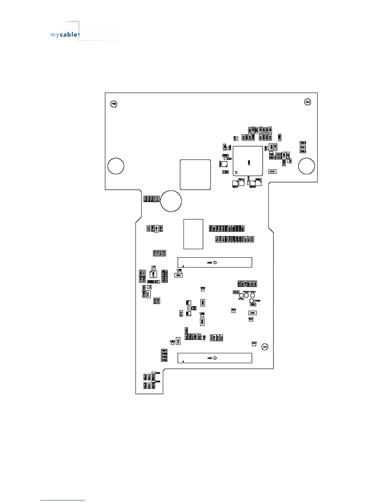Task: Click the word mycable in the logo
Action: click(64, 35)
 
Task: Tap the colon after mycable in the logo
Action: click(78, 35)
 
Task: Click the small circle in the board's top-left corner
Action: click(113, 104)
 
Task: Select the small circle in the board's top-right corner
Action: click(307, 102)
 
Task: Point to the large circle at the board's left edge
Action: click(116, 166)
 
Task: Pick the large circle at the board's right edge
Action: click(306, 166)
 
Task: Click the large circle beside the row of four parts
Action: click(171, 201)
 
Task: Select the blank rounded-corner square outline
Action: click(195, 175)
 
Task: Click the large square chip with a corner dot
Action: click(248, 161)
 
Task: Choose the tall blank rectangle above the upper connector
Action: click(193, 234)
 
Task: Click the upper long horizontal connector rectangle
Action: click(215, 263)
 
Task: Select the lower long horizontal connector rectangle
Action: click(215, 358)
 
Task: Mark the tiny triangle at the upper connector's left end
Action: click(183, 265)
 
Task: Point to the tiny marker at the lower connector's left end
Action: click(183, 361)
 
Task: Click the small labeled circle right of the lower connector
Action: click(265, 347)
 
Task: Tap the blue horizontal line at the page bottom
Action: click(63, 500)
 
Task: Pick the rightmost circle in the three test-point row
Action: click(252, 295)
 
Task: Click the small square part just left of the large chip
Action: click(225, 164)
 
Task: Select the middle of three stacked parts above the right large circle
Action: click(303, 147)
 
